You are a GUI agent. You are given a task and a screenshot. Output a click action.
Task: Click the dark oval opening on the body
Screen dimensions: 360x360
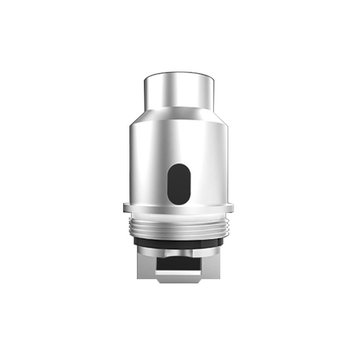(x=179, y=184)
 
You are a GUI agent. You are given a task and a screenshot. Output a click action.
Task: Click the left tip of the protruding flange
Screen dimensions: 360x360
(x=124, y=208)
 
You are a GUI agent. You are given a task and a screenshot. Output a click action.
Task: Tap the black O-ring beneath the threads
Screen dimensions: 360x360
(x=179, y=242)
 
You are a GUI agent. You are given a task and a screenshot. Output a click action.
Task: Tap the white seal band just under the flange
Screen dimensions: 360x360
(x=179, y=215)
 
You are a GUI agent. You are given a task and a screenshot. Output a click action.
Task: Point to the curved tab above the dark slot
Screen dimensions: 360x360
(x=179, y=253)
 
